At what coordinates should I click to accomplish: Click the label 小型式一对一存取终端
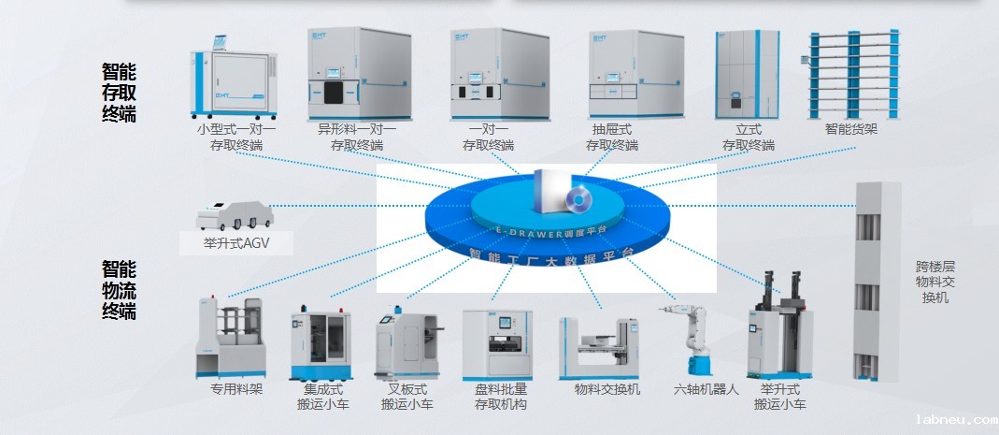(236, 138)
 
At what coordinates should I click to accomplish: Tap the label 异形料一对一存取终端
(356, 138)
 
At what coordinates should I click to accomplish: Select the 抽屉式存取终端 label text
(612, 138)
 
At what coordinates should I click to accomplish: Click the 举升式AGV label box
(236, 244)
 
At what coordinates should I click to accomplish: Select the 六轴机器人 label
(706, 389)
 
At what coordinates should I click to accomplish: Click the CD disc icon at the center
(578, 199)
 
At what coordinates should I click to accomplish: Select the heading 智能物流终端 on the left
(119, 291)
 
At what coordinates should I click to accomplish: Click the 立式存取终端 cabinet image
(747, 73)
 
